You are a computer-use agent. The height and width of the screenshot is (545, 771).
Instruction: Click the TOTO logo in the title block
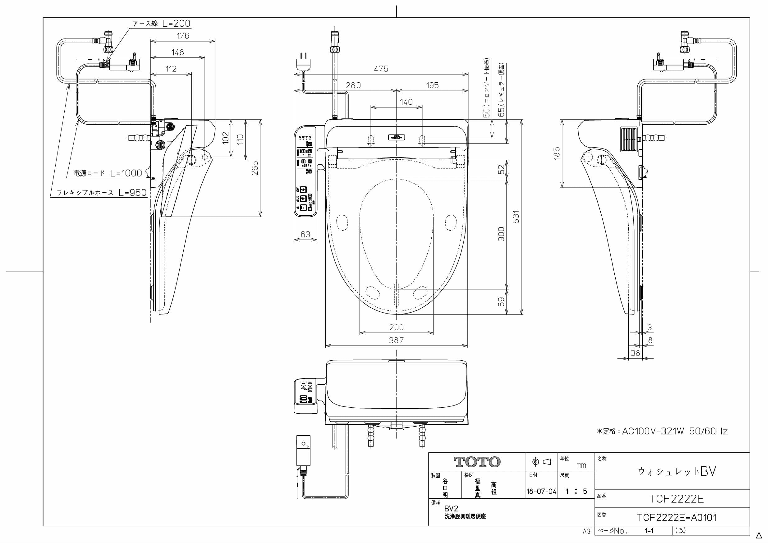(477, 462)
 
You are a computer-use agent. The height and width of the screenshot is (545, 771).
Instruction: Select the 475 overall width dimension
(381, 69)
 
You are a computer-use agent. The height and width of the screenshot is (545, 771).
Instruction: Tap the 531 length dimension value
(516, 217)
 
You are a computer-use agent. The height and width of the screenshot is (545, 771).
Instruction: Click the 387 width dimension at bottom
(396, 340)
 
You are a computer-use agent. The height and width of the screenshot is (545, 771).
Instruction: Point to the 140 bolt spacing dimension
(406, 102)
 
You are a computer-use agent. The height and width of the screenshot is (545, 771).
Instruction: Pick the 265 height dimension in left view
(255, 168)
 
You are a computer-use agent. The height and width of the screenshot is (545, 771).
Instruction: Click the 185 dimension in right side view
(557, 153)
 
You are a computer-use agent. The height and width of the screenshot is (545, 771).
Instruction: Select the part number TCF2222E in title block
(676, 499)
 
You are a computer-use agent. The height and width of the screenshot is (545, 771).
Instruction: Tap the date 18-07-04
(541, 492)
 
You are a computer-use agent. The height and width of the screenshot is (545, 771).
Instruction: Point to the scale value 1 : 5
(576, 492)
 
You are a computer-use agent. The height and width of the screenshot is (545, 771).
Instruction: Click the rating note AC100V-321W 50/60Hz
(662, 432)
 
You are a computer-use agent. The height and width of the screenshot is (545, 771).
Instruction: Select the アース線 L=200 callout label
(162, 24)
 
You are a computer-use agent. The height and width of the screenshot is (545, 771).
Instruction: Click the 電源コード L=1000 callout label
(108, 173)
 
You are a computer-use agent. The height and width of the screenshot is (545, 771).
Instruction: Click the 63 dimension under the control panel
(305, 234)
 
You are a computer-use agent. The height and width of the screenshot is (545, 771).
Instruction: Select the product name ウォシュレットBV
(677, 471)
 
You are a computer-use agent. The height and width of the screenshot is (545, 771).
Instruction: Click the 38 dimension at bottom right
(635, 353)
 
